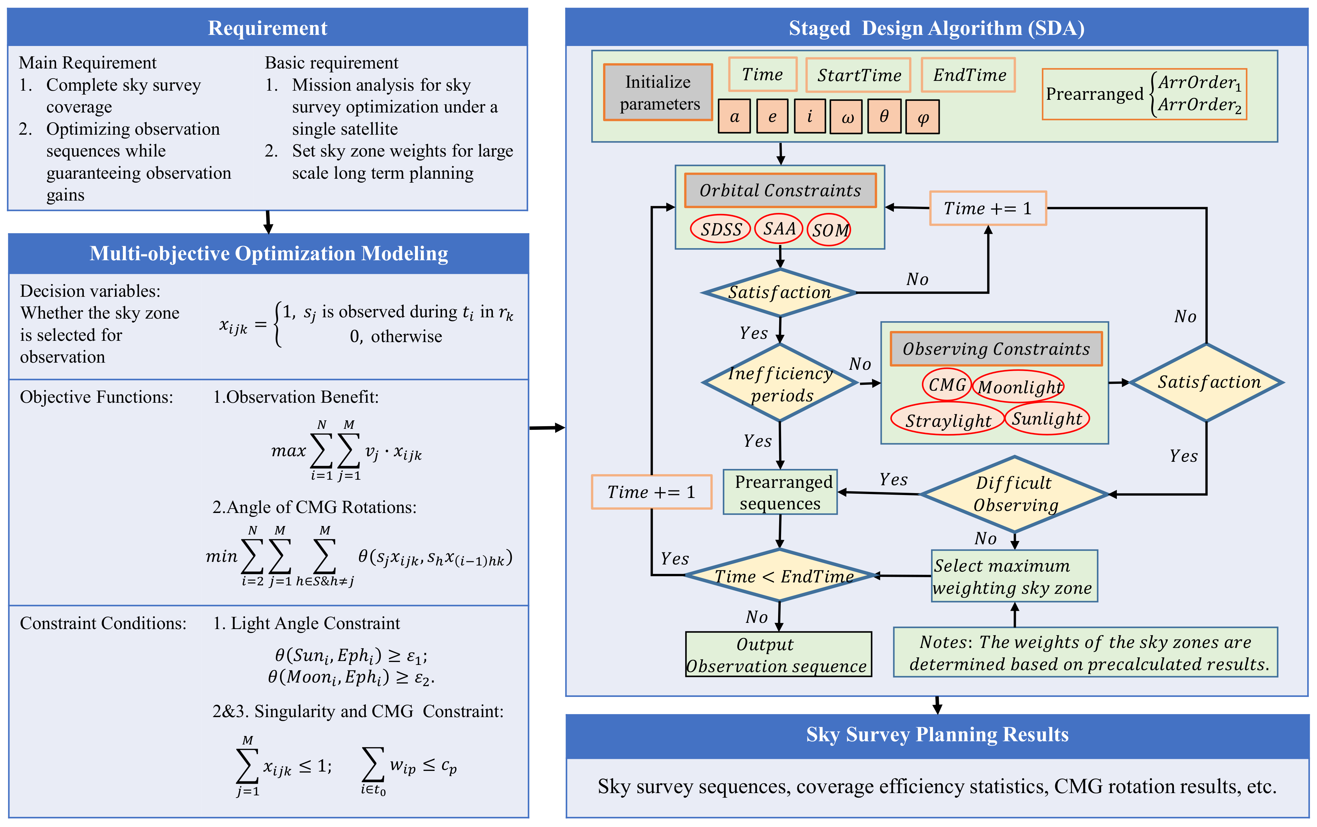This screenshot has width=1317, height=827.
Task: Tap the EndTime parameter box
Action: click(x=968, y=75)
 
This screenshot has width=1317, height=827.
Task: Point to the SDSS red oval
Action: click(x=720, y=229)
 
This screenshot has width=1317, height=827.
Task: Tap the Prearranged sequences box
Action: click(x=780, y=492)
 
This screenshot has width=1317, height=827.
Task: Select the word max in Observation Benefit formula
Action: click(x=288, y=451)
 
